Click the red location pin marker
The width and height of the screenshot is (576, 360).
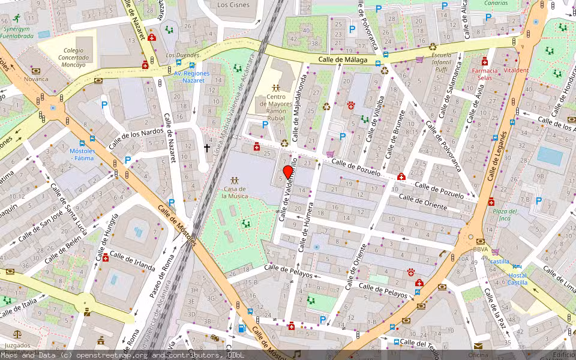coord(287,172)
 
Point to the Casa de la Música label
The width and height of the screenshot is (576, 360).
coord(235,191)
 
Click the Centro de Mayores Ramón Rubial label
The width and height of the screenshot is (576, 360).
coord(275,108)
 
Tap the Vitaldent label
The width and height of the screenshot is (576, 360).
coord(517,70)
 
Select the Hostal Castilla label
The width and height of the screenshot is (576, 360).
coord(517,279)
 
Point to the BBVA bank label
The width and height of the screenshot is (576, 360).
coord(480,249)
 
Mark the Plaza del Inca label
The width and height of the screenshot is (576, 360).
coord(505,214)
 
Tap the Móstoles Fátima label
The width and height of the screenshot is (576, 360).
coord(82,155)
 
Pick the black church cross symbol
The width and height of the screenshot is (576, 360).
coord(207,148)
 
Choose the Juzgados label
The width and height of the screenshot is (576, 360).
coord(17,346)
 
